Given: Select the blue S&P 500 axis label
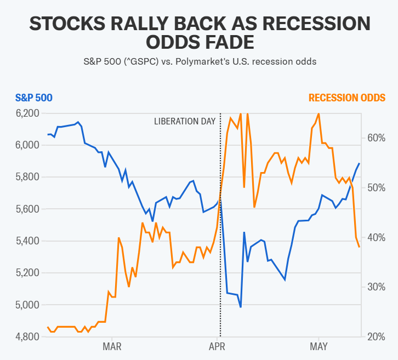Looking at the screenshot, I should click(33, 98).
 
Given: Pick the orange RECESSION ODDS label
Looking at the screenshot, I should click(346, 98).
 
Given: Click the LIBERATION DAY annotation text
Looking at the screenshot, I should click(184, 121).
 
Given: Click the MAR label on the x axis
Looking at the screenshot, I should click(112, 346).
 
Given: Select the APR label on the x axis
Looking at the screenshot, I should click(218, 346).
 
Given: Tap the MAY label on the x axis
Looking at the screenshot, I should click(319, 346).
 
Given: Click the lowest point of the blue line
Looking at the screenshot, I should click(241, 307).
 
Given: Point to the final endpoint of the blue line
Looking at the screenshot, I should click(360, 163).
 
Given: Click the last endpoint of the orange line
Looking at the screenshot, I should click(360, 247).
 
